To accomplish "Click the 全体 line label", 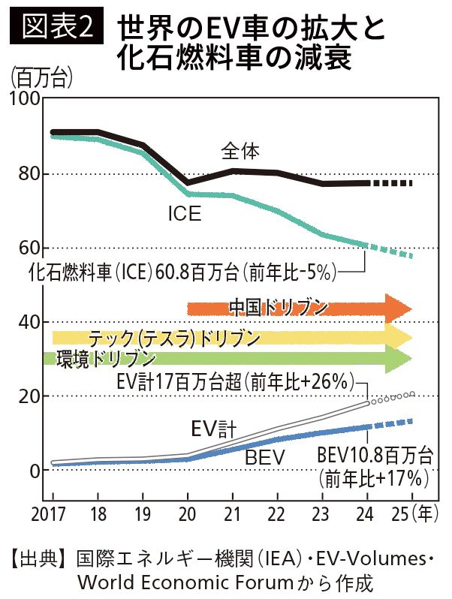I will [241, 152].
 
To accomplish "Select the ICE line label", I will [184, 215].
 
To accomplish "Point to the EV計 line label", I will [213, 429].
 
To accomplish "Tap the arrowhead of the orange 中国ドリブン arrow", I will [398, 308].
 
